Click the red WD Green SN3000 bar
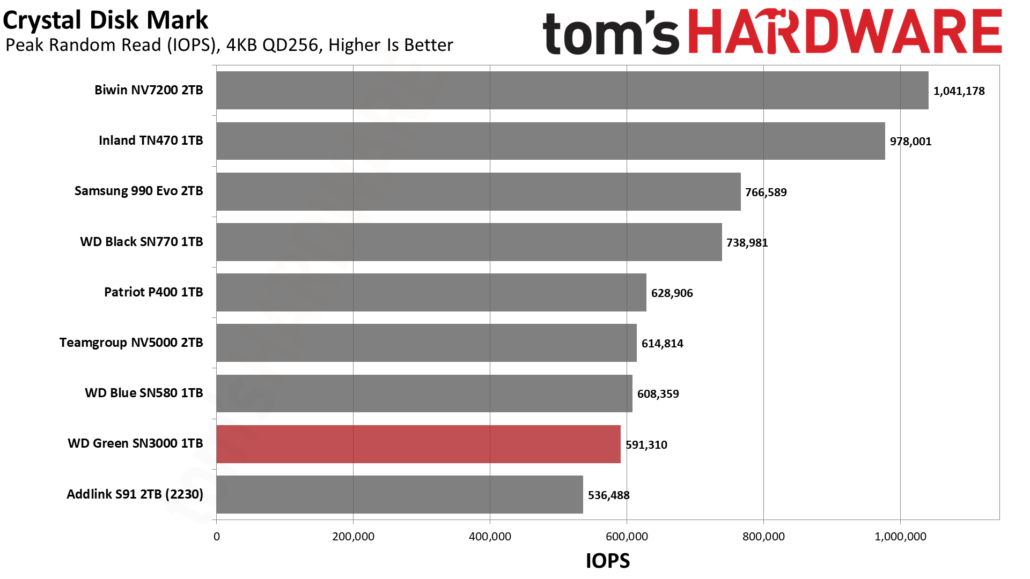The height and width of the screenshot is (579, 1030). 418,444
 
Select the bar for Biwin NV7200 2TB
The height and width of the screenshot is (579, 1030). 572,90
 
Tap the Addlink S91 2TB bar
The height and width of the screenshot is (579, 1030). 400,494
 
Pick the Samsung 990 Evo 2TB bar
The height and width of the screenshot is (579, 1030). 479,191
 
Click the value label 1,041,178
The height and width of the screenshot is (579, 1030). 959,91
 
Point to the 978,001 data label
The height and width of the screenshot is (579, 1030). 910,142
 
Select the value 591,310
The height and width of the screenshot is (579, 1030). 646,445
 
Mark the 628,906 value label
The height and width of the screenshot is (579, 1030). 672,293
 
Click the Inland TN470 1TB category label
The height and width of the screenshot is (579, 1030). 151,140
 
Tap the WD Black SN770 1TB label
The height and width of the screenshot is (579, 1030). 142,242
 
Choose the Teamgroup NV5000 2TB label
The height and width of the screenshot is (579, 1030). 131,343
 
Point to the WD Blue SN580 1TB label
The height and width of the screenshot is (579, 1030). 144,393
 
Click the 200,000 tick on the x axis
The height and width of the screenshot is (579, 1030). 353,537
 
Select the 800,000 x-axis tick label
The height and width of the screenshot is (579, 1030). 763,537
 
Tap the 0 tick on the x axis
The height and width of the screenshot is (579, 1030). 217,537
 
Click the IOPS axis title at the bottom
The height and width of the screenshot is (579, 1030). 608,561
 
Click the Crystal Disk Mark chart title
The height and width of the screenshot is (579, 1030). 105,20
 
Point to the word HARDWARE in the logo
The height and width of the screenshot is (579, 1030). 845,32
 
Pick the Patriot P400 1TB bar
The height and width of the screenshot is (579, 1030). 431,292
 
